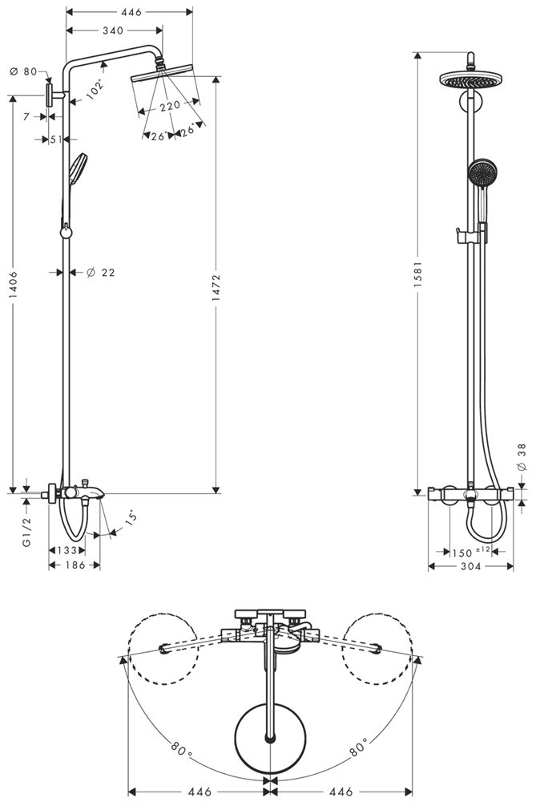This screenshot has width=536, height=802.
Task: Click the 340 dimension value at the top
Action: click(x=112, y=30)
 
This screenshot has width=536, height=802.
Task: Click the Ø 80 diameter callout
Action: click(x=23, y=71)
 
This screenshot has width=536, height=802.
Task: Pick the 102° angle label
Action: click(x=95, y=90)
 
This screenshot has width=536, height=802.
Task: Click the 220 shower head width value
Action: click(x=170, y=106)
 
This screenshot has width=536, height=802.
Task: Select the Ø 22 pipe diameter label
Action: click(x=100, y=272)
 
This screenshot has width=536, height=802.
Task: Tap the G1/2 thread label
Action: click(x=27, y=532)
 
